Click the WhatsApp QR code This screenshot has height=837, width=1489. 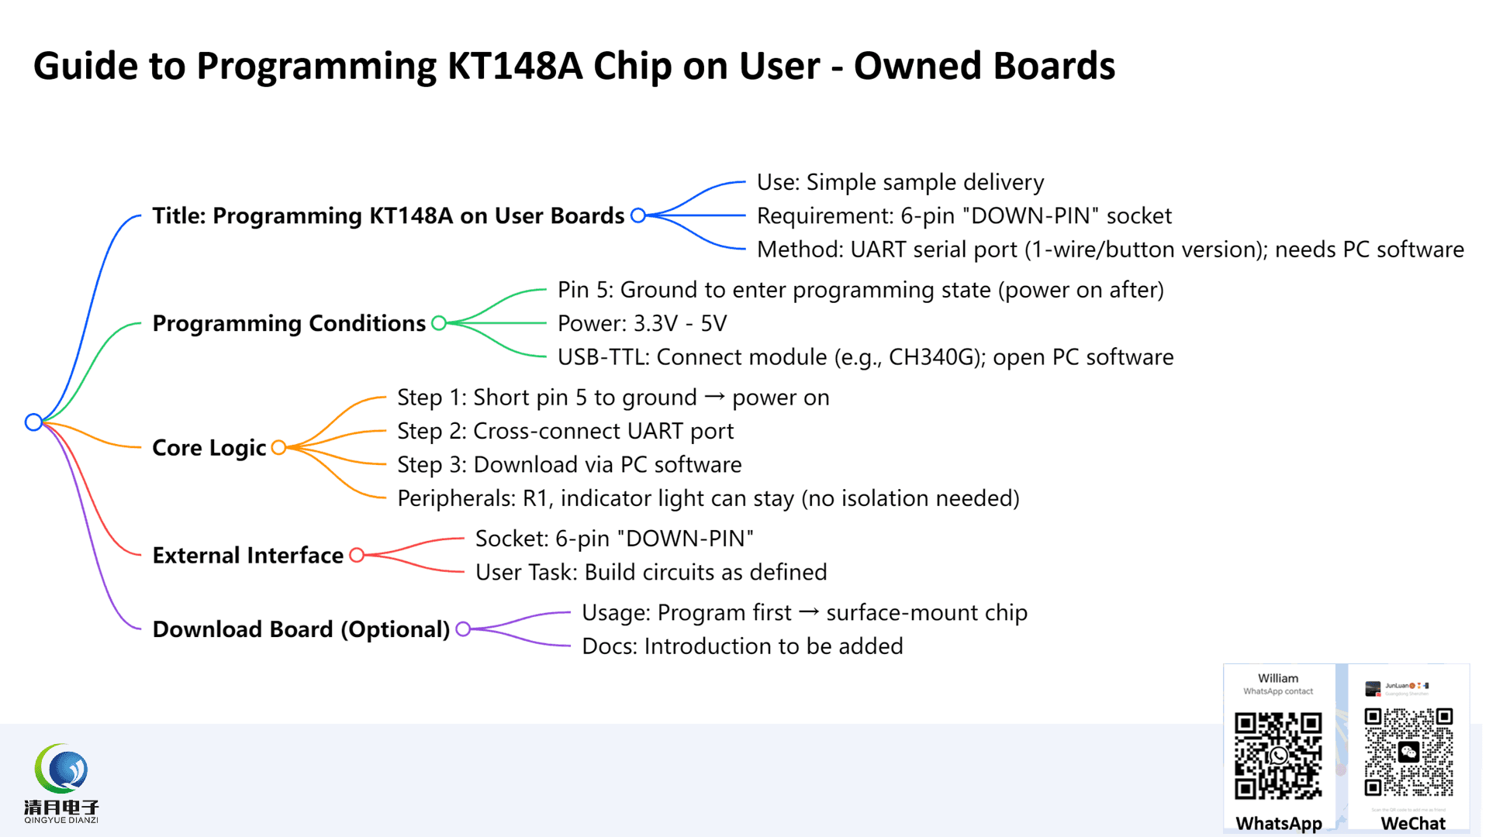point(1278,756)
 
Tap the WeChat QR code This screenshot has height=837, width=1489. point(1408,752)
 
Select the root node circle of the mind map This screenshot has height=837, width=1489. point(33,422)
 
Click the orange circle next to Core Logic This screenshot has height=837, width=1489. point(278,447)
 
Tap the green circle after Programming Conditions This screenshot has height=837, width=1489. point(439,323)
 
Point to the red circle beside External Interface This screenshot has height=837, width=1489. point(357,555)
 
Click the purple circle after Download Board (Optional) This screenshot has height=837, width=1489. point(463,629)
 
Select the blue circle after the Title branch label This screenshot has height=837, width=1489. point(638,215)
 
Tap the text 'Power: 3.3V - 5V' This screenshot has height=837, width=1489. point(642,323)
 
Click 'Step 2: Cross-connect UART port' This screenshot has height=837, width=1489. point(565,431)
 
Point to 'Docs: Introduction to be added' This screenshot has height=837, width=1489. point(742,646)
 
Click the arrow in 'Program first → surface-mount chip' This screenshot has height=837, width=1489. point(809,612)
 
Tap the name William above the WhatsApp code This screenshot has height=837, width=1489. point(1278,678)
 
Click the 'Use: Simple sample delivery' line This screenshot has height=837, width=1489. point(900,182)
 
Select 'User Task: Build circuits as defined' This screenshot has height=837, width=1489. point(651,572)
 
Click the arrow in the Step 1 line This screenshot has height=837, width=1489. point(714,397)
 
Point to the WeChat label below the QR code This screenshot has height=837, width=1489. point(1413,823)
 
